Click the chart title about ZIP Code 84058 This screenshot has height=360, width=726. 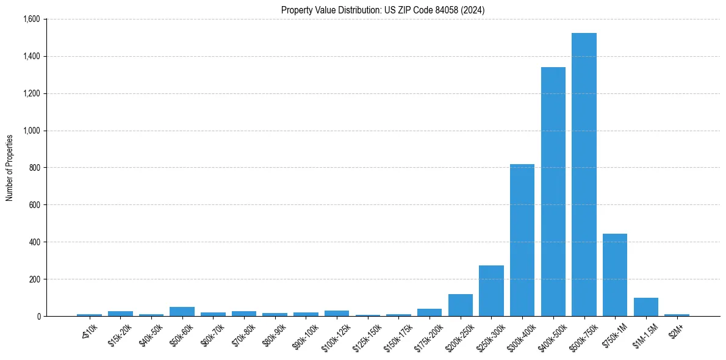coord(383,10)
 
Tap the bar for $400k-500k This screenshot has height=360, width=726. coord(553,192)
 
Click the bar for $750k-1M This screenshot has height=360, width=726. coord(615,275)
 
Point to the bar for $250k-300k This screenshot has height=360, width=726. coord(491,290)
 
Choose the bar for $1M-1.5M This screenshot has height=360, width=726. coord(645,307)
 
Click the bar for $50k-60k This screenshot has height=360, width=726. coord(182,311)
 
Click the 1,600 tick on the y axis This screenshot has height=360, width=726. coord(31,20)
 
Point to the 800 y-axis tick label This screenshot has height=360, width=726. coord(35,168)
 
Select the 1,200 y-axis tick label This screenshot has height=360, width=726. coord(31,93)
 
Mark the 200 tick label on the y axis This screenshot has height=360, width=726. coord(35,279)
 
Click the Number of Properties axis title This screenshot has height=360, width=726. coord(10,168)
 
